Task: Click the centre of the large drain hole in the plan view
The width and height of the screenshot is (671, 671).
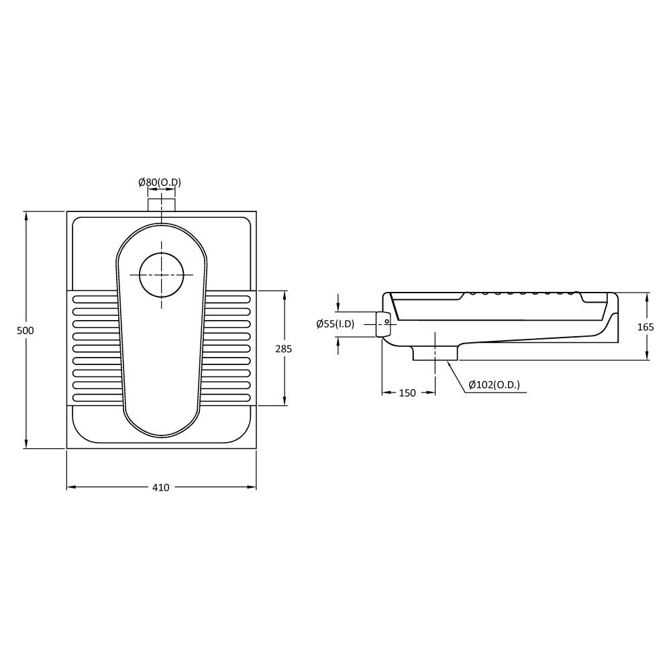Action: pyautogui.click(x=161, y=274)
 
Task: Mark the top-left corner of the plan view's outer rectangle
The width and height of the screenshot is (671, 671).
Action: pyautogui.click(x=66, y=211)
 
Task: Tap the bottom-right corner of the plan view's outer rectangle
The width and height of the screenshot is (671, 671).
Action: pyautogui.click(x=256, y=448)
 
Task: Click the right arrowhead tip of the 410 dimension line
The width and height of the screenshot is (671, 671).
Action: pyautogui.click(x=256, y=487)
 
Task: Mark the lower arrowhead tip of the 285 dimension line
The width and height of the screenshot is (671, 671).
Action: pyautogui.click(x=285, y=405)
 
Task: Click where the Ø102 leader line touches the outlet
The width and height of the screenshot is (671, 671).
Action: pyautogui.click(x=447, y=361)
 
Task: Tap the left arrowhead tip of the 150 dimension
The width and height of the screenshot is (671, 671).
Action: pyautogui.click(x=382, y=392)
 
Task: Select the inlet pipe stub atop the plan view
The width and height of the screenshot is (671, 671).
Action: pyautogui.click(x=161, y=205)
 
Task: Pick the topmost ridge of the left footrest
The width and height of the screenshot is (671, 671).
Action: pyautogui.click(x=95, y=299)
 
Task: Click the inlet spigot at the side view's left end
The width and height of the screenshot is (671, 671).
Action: pyautogui.click(x=383, y=324)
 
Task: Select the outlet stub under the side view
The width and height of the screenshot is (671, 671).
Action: pyautogui.click(x=435, y=353)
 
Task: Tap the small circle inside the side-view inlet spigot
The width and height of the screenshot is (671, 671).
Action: pyautogui.click(x=387, y=321)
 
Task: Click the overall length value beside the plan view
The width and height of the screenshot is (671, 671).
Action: pyautogui.click(x=25, y=330)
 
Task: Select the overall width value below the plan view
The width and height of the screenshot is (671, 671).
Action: pyautogui.click(x=161, y=487)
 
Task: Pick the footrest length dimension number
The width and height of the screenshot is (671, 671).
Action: pyautogui.click(x=283, y=349)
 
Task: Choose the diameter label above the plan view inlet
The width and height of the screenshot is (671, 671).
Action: pyautogui.click(x=160, y=183)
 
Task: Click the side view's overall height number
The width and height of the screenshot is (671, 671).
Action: pyautogui.click(x=646, y=327)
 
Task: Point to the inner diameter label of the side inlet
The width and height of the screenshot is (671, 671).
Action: pyautogui.click(x=335, y=324)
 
